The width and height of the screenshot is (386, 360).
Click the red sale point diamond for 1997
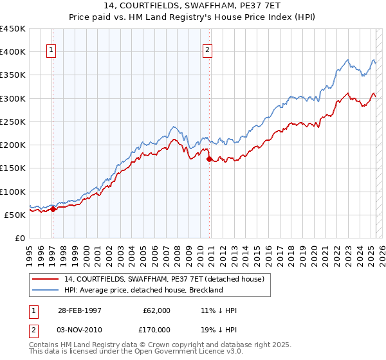coord(53,209)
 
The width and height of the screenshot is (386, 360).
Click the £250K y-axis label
coord(13,122)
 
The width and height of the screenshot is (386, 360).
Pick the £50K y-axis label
coord(15,215)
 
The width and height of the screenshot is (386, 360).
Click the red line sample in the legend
coord(46,279)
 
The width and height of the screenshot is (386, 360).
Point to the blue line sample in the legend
coord(46,290)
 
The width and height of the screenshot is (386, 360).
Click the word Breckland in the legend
coord(205,290)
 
